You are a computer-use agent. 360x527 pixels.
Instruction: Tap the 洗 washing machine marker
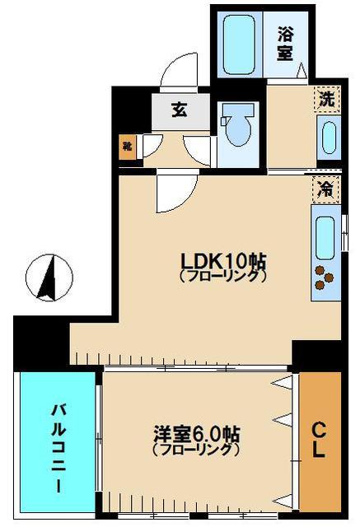(x=328, y=99)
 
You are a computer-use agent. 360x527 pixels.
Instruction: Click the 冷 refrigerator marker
(x=327, y=189)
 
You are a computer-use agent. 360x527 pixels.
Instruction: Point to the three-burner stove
(x=323, y=278)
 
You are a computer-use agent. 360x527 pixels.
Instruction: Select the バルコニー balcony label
(x=58, y=445)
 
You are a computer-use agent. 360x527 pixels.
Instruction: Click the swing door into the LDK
(x=173, y=192)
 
